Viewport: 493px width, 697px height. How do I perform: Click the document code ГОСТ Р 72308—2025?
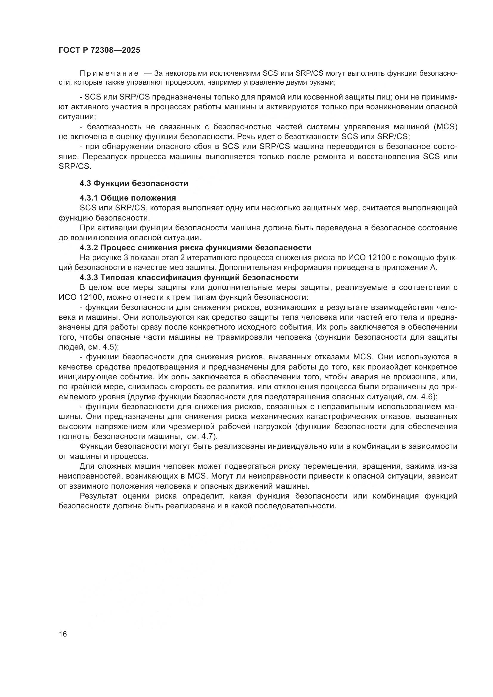click(x=99, y=50)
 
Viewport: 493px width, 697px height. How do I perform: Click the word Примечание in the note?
click(x=109, y=74)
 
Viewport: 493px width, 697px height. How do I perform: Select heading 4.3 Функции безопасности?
click(x=134, y=183)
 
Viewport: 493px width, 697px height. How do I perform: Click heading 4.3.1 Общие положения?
click(x=128, y=198)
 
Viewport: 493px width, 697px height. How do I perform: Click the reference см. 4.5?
click(x=102, y=347)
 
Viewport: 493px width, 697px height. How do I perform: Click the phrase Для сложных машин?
click(x=119, y=466)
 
